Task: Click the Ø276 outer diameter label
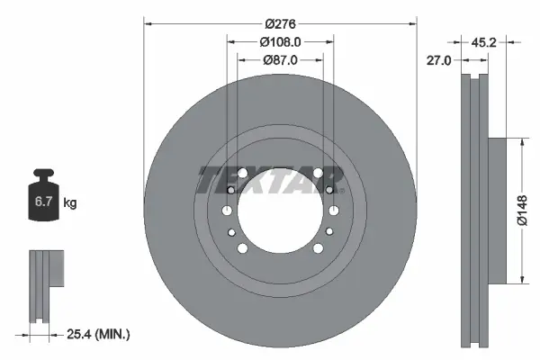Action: point(280,22)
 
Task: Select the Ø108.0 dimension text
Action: point(280,41)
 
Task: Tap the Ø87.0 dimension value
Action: point(280,59)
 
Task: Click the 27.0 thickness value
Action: point(437,59)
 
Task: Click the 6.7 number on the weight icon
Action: point(43,203)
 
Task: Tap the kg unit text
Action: point(70,203)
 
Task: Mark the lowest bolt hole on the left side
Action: point(241,248)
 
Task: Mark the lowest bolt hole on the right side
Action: point(319,248)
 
